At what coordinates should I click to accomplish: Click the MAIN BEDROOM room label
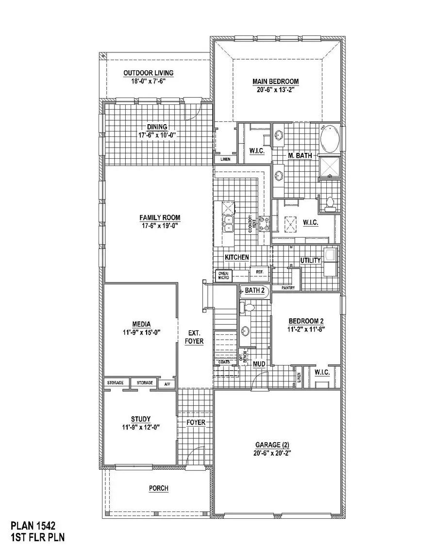click(x=275, y=82)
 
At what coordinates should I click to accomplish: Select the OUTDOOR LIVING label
click(x=148, y=73)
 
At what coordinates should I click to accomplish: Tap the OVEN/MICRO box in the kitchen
click(x=223, y=276)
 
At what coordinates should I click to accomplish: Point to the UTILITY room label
click(x=310, y=261)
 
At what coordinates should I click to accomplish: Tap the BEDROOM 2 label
click(x=306, y=321)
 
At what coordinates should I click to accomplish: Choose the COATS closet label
click(x=224, y=362)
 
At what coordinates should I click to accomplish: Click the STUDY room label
click(x=140, y=419)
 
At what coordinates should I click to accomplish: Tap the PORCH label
click(x=159, y=488)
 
